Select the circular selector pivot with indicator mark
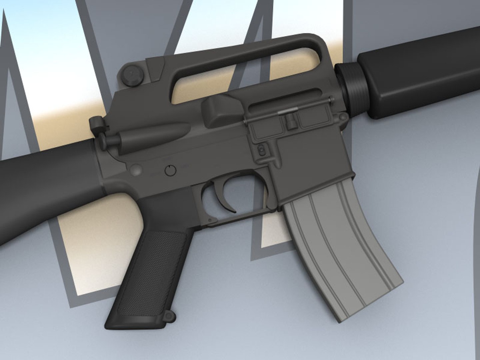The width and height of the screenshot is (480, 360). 170,170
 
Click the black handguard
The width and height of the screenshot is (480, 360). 423,73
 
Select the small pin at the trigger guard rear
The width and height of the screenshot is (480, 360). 209,220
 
